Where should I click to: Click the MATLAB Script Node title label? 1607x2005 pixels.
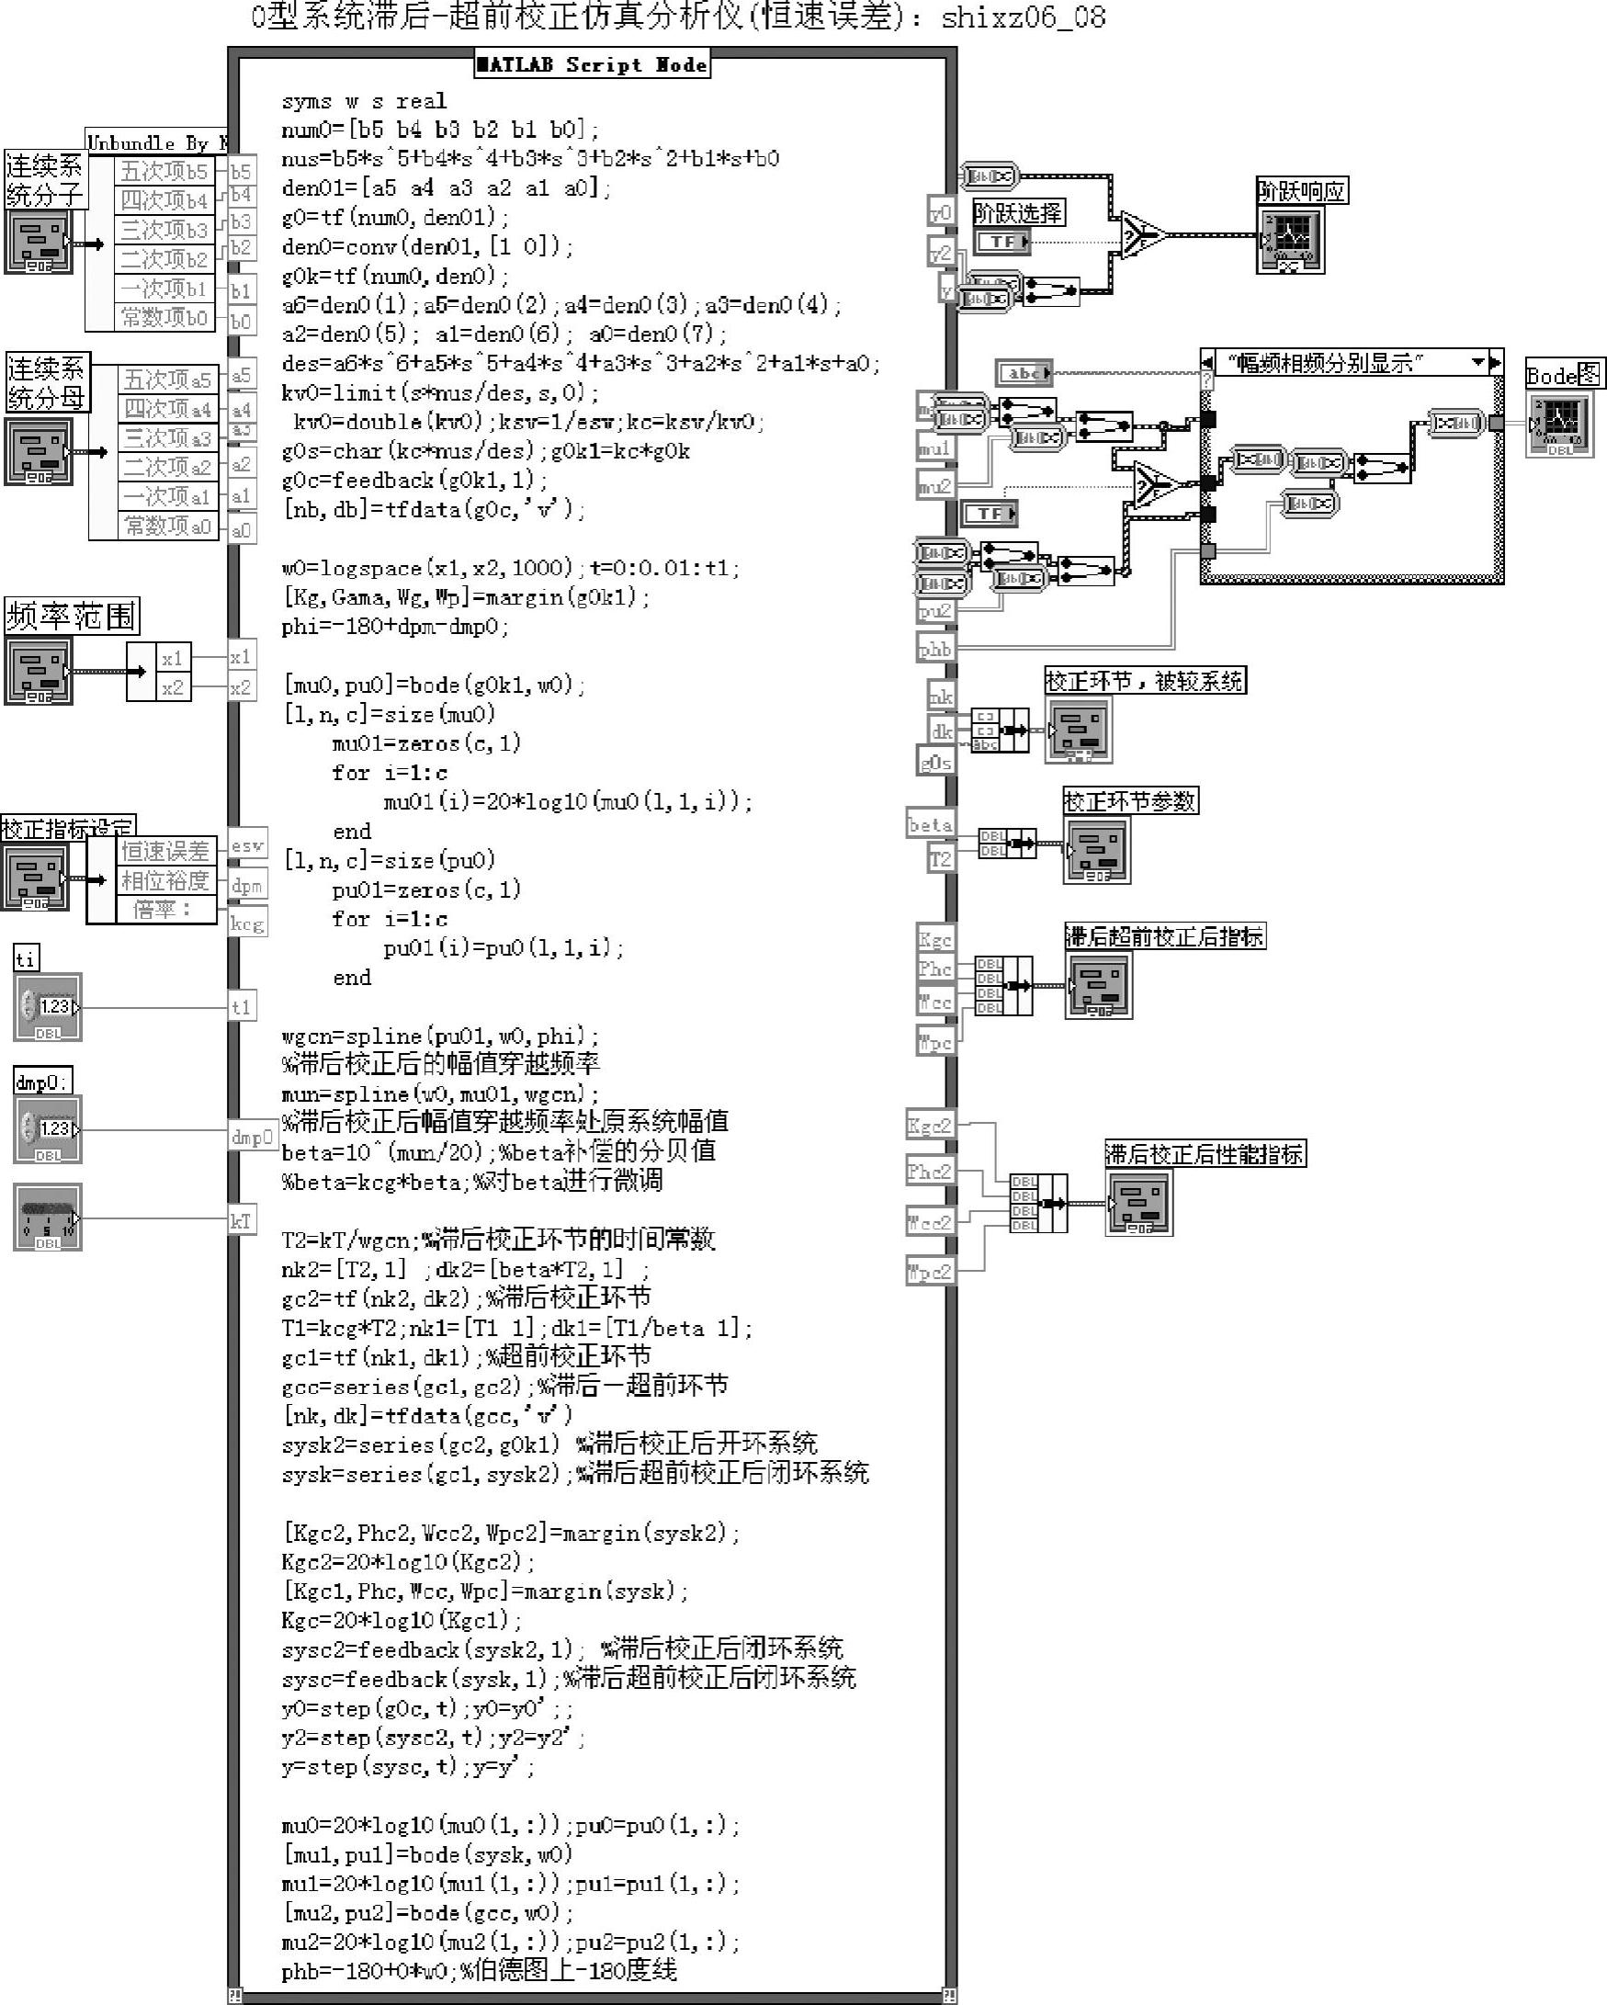coord(592,64)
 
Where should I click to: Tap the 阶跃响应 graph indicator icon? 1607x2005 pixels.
coord(1290,240)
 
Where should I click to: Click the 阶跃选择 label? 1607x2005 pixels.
coord(1017,213)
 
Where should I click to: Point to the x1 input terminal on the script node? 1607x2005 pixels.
coord(240,657)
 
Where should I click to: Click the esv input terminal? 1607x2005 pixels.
coord(247,845)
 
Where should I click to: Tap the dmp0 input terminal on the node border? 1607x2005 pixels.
coord(252,1137)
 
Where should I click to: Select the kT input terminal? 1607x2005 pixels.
coord(241,1221)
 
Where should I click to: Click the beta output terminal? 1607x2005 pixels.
coord(930,825)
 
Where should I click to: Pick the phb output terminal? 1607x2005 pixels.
coord(934,649)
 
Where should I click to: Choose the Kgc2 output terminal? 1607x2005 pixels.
coord(929,1126)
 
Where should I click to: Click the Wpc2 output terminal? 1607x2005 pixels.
coord(929,1271)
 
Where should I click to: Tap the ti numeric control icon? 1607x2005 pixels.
coord(48,1007)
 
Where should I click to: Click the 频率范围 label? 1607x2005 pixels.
coord(71,616)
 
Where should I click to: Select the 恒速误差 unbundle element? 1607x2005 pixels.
coord(165,851)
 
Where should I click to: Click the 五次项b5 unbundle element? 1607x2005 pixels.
coord(164,171)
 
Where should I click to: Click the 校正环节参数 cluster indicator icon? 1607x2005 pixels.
coord(1097,850)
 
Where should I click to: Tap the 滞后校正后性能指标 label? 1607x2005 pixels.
coord(1205,1154)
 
